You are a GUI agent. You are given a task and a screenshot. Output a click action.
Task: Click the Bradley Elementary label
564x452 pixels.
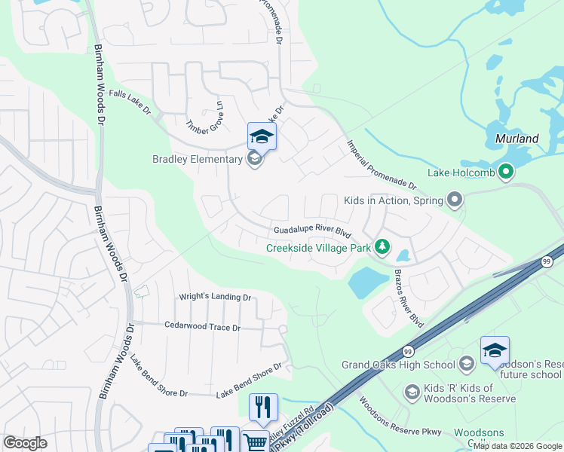(198, 159)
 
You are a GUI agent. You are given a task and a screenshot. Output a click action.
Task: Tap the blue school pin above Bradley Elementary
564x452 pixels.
(262, 136)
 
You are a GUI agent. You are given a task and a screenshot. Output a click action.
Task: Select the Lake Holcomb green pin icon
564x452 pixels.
(506, 173)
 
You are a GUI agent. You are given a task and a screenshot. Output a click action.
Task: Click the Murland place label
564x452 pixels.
(516, 139)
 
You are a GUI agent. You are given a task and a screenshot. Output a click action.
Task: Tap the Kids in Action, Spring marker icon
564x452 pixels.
(454, 200)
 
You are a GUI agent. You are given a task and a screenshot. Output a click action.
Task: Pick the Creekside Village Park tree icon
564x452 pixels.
(383, 247)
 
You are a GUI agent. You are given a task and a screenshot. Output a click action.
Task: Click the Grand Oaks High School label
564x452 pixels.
(398, 365)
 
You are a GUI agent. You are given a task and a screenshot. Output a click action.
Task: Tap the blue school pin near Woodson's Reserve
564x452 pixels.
(495, 351)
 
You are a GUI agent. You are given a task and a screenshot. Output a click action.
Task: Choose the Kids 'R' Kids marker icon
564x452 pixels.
(412, 392)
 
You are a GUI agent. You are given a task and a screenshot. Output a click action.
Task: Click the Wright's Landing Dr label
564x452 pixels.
(214, 298)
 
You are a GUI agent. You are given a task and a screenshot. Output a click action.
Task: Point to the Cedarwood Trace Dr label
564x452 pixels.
(202, 327)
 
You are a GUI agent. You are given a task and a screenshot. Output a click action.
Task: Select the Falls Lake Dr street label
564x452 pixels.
(130, 102)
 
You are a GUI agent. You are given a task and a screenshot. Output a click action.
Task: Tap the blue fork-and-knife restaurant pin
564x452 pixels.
(263, 408)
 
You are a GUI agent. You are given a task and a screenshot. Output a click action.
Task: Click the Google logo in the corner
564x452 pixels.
(25, 443)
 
